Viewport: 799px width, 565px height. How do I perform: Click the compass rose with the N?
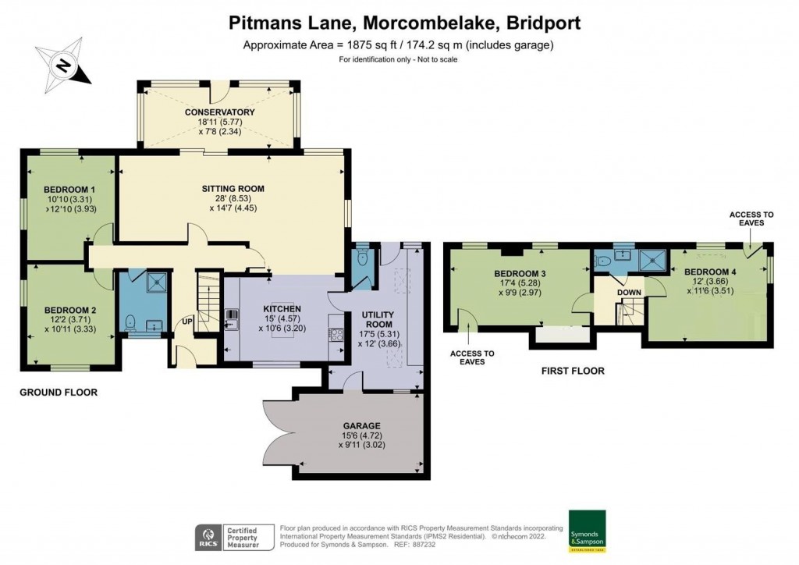point(62,65)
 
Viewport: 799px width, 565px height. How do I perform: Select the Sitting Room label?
point(233,189)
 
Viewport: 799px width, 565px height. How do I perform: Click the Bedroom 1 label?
point(69,190)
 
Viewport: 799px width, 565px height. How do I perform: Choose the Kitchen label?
point(282,309)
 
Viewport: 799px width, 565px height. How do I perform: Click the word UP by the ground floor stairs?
point(187,322)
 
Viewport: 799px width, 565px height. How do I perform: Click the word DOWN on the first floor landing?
point(628,293)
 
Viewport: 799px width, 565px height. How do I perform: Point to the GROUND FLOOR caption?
point(59,393)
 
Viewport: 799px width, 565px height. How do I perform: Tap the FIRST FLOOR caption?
point(573,371)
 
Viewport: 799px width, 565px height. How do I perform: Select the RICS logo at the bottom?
point(207,536)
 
